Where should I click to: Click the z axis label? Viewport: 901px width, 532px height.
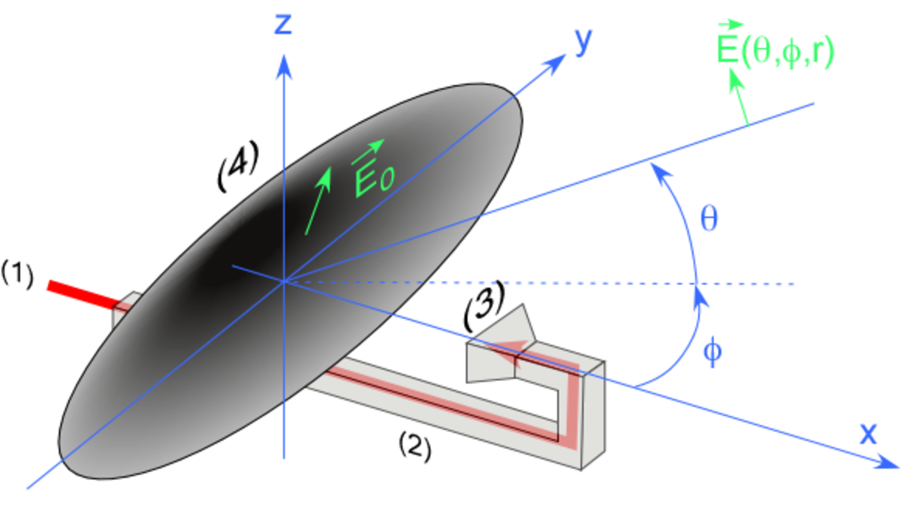[x=283, y=25]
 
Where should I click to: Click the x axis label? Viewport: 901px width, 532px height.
[x=868, y=434]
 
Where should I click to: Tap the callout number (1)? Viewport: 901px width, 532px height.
[x=17, y=275]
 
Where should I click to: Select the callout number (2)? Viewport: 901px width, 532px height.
[x=414, y=446]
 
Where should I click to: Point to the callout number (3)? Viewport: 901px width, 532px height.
[x=484, y=306]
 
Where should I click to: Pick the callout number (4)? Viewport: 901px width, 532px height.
[x=238, y=166]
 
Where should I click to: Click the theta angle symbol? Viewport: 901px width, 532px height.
[x=709, y=219]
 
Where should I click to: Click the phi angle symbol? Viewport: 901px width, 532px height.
[x=713, y=351]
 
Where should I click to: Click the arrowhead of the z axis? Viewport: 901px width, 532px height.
[x=284, y=68]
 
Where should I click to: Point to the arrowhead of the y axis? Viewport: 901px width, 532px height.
[x=555, y=64]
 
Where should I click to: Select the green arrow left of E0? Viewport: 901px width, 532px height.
[x=318, y=200]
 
